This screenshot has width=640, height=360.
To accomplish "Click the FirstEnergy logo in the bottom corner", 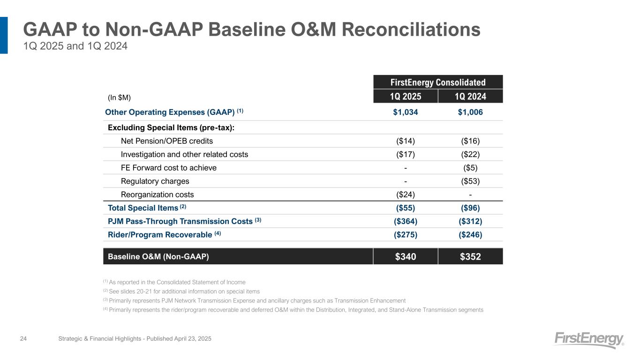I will [589, 340].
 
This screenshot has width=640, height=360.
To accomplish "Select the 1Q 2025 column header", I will [405, 97].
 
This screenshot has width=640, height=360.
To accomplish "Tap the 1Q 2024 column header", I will [470, 97].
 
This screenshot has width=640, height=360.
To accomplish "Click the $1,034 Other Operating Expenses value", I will [405, 112].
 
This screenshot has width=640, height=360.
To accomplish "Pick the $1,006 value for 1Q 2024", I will [470, 112].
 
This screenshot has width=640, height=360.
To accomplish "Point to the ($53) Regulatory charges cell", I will [470, 181].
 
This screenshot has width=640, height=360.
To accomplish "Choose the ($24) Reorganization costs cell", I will [405, 195].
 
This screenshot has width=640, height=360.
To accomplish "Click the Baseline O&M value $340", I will [405, 256].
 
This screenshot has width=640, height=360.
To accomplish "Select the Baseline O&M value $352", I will [470, 256].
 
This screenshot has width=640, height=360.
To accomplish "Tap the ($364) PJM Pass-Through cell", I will [405, 221].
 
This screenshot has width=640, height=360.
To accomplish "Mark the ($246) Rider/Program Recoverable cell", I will [470, 235].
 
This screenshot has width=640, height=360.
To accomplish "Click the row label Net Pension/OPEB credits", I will [166, 141].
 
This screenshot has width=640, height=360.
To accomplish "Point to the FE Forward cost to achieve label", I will [168, 167].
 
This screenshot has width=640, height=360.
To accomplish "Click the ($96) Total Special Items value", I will [470, 208].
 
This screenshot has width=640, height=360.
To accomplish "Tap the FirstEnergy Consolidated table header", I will [438, 82].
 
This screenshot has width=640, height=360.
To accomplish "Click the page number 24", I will [23, 338].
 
